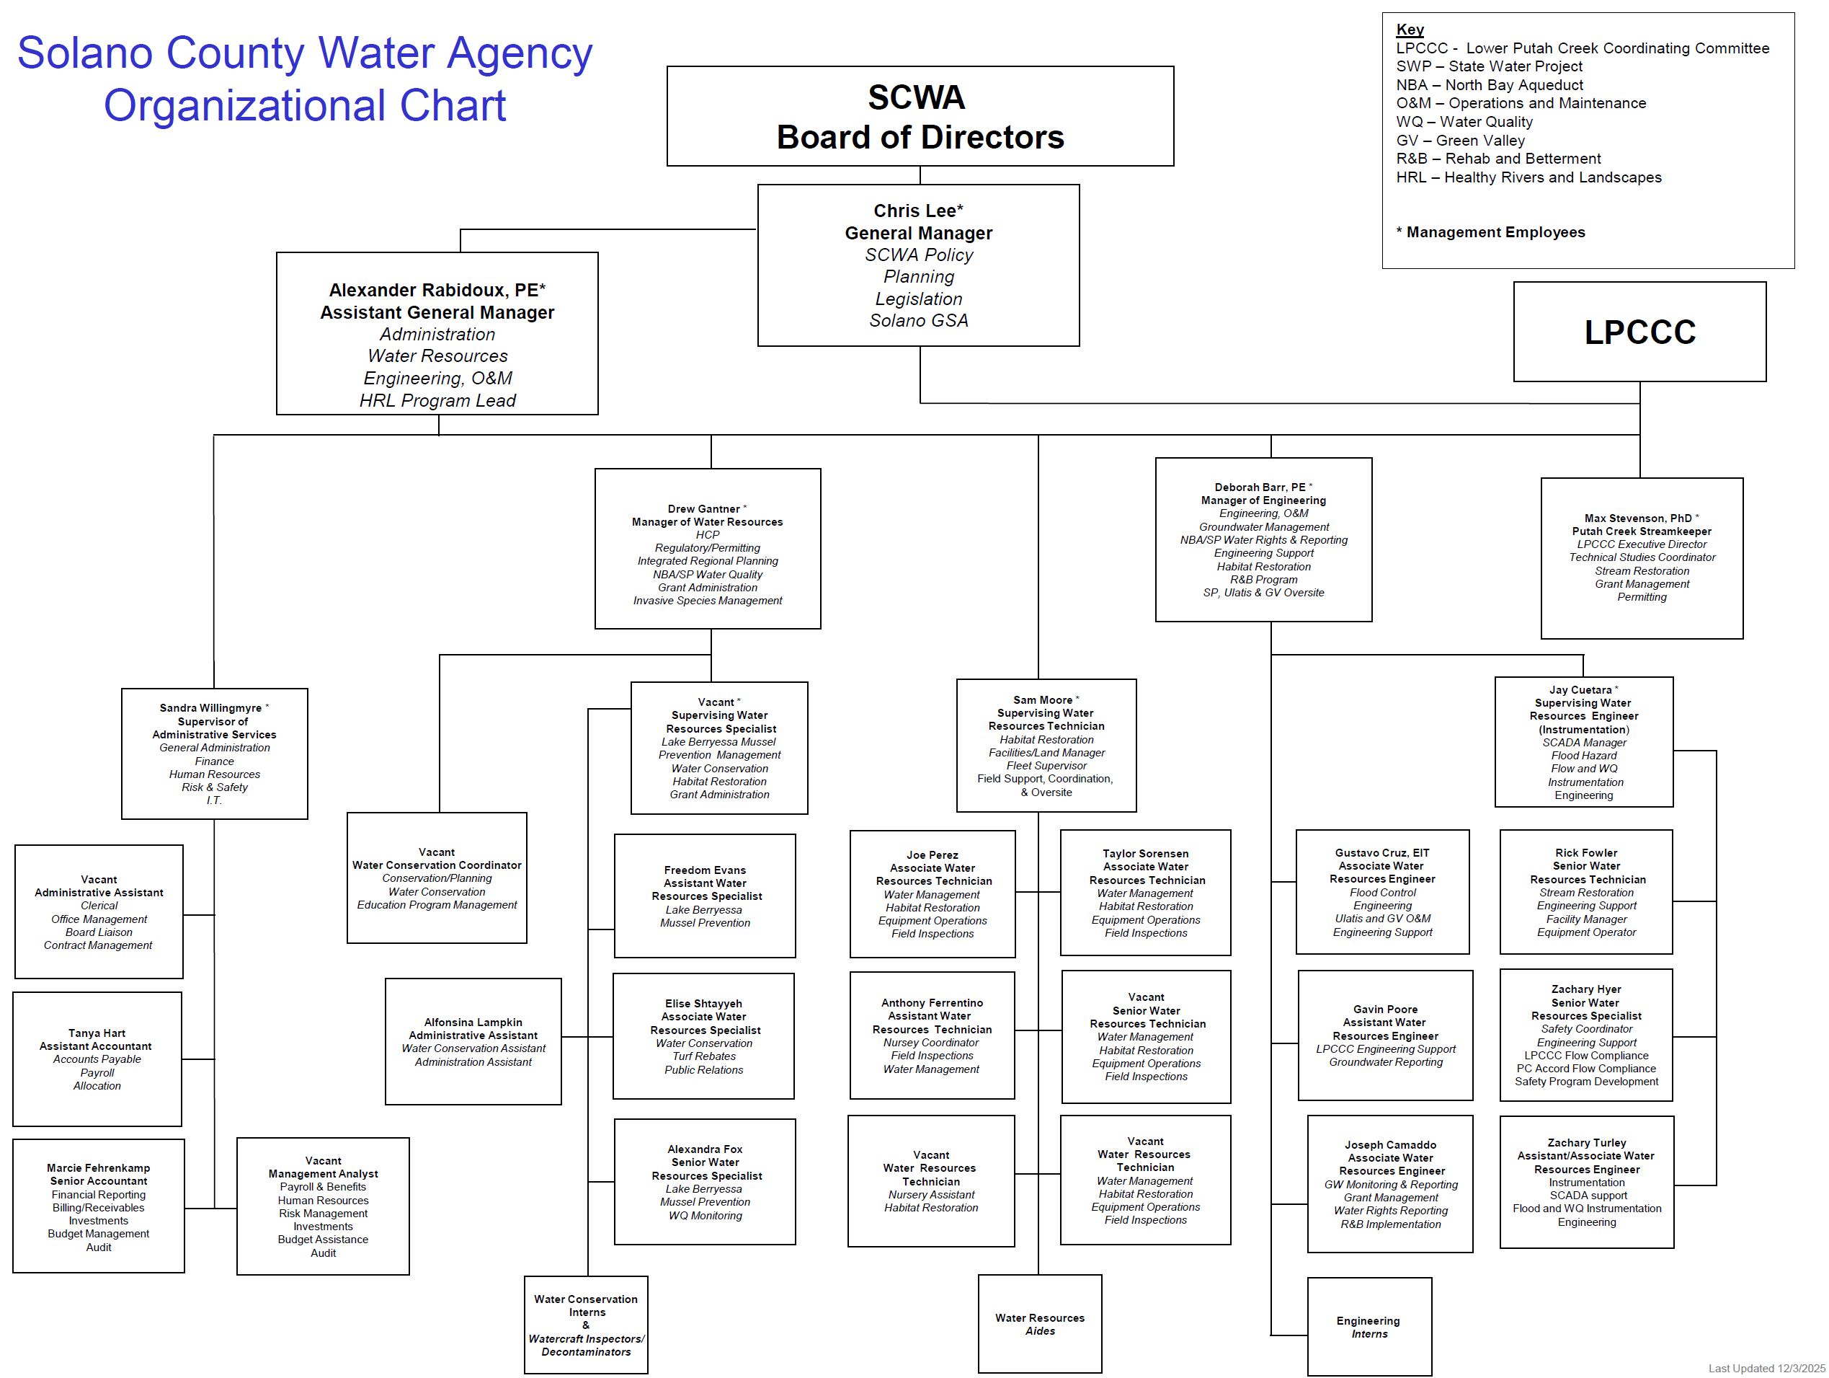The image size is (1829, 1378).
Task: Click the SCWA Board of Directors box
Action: pos(920,117)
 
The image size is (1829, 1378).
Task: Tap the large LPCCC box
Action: pos(1639,332)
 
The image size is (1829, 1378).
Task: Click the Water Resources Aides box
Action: pos(1039,1324)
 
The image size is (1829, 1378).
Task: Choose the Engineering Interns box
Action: pos(1369,1328)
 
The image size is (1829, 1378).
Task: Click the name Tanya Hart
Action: pos(97,1033)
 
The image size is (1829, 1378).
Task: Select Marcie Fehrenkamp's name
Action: pos(99,1168)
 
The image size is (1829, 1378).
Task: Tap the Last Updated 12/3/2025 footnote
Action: pos(1766,1369)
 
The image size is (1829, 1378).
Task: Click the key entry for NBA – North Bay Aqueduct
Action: pos(1489,85)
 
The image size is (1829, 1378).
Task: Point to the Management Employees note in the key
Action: pos(1495,232)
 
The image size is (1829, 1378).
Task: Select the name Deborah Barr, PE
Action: pos(1259,487)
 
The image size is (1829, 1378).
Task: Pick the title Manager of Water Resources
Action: pos(707,522)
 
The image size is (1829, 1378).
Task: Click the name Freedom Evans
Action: pos(705,870)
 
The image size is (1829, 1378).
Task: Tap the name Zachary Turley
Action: pos(1586,1142)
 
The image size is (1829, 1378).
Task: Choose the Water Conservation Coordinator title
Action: pos(437,865)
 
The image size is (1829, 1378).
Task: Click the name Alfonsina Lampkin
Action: pos(473,1023)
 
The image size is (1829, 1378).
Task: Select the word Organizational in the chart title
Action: pos(246,106)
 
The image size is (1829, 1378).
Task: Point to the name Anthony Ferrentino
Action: pos(932,1002)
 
